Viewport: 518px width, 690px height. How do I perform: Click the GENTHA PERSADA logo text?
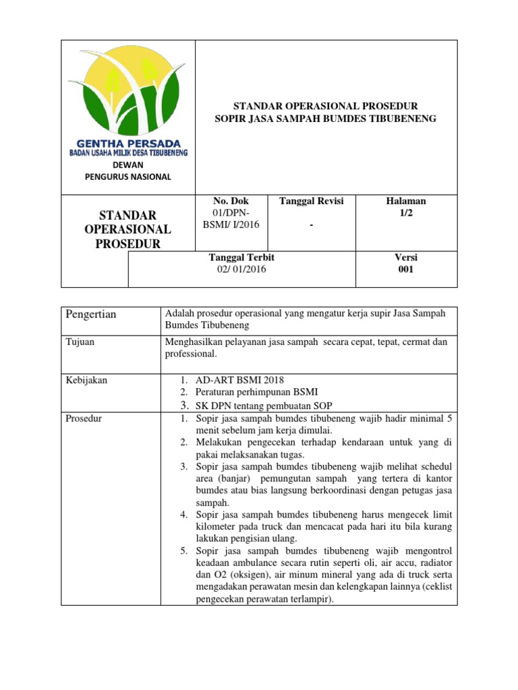coord(129,144)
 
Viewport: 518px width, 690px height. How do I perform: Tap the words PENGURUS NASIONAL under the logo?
coord(128,177)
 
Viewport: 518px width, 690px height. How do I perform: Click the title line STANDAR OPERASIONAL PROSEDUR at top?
coord(325,106)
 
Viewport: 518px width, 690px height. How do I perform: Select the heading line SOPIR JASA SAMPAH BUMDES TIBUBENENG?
coord(325,119)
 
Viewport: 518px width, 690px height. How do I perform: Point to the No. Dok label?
coord(231,201)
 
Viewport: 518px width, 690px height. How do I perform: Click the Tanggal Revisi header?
coord(312,201)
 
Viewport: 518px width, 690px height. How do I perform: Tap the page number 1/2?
coord(406,213)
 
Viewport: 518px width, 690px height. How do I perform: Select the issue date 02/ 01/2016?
coord(241,270)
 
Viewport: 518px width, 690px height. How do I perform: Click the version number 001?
coord(406,270)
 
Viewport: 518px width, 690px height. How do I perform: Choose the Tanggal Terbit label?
coord(242,257)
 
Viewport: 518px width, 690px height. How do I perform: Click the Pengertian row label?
coord(91,315)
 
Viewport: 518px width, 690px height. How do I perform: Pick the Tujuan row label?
coord(80,342)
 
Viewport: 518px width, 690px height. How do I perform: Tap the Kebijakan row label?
coord(86,380)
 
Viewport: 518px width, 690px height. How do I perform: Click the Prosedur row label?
coord(84,418)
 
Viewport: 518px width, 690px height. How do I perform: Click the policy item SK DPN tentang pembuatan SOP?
coord(264,405)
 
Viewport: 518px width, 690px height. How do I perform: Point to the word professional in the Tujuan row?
coord(191,354)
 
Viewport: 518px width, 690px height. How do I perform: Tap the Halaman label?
coord(406,201)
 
